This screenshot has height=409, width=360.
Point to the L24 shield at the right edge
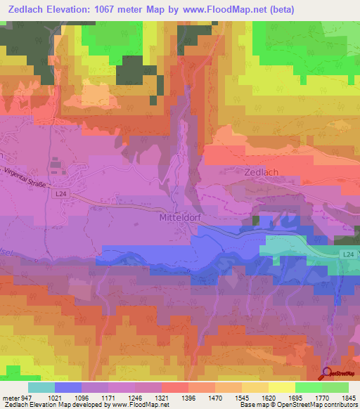[348, 254]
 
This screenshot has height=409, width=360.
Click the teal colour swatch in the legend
[41, 387]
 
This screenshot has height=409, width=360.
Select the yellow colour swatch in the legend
[281, 387]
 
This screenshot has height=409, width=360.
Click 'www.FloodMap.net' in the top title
[216, 9]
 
